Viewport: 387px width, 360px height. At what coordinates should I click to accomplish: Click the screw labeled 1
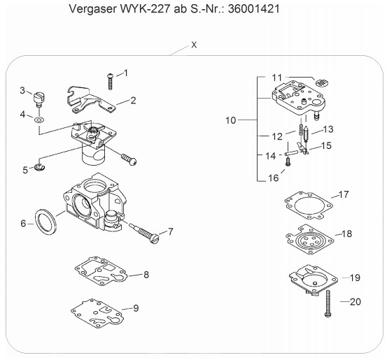(111, 81)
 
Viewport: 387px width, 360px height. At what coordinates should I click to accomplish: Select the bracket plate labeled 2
(90, 101)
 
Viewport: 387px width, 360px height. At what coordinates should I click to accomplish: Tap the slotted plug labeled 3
(38, 99)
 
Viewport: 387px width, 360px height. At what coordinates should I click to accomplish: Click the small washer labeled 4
(39, 120)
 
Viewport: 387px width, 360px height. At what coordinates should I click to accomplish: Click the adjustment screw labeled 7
(144, 233)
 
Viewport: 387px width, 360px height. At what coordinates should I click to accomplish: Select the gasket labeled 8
(100, 271)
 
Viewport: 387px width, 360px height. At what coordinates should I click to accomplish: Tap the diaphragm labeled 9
(97, 313)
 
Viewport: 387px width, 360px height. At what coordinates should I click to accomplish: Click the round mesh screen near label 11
(323, 82)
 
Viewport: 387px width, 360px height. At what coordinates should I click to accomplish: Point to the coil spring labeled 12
(301, 127)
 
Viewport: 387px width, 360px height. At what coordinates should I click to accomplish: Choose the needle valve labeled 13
(306, 134)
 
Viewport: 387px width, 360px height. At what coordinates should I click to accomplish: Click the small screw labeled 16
(288, 161)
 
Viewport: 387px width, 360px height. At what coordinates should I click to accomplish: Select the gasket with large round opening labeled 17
(309, 206)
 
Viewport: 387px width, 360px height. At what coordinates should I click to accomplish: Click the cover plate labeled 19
(314, 280)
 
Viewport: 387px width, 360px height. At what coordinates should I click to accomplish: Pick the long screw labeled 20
(328, 303)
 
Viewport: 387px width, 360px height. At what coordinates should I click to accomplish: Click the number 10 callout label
(231, 120)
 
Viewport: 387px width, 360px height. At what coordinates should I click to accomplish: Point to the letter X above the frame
(194, 45)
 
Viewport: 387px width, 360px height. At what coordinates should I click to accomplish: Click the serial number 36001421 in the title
(254, 9)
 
